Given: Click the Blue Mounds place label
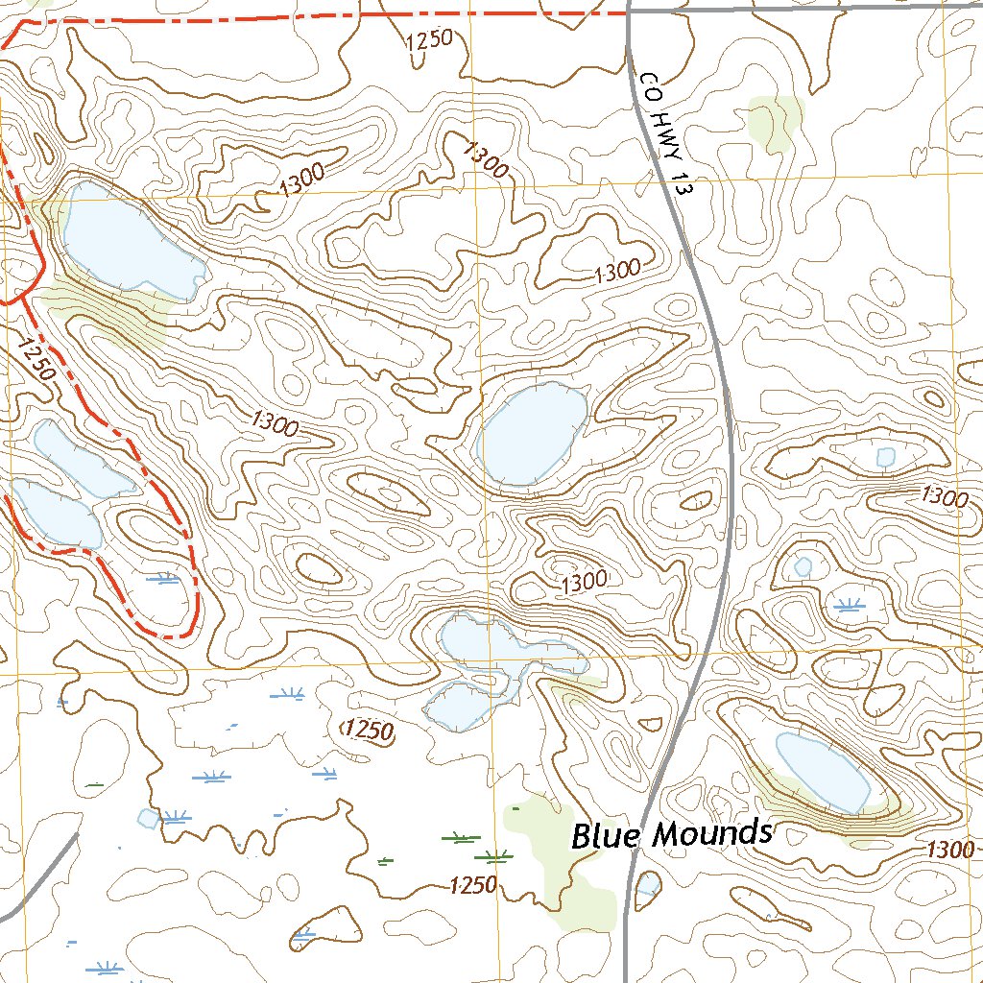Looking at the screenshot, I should [671, 833].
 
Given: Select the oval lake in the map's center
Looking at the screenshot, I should [533, 434].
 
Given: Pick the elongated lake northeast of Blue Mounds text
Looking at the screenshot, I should [824, 772].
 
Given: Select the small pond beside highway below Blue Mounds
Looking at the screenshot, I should [648, 884].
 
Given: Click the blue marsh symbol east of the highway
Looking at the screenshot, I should [847, 605].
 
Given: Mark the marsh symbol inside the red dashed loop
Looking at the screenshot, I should [162, 578].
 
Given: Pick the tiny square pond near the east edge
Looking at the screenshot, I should [886, 457].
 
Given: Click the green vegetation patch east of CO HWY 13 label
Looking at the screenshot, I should [775, 122].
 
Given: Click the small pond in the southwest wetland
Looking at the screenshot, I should [148, 818].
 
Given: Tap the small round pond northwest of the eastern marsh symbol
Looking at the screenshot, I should [803, 566].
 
